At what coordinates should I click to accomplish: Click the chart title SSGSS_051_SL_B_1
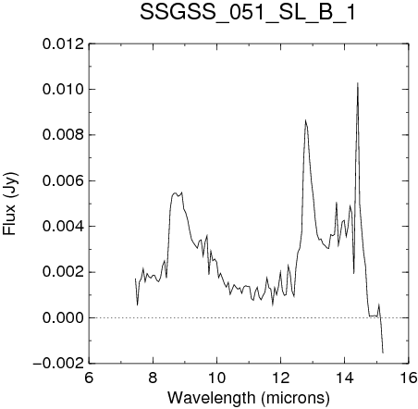pyautogui.click(x=248, y=12)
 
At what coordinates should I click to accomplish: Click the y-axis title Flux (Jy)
pyautogui.click(x=9, y=204)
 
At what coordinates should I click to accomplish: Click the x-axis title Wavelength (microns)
pyautogui.click(x=249, y=398)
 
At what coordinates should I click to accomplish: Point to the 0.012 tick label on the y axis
pyautogui.click(x=64, y=44)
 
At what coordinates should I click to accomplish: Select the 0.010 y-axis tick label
pyautogui.click(x=64, y=90)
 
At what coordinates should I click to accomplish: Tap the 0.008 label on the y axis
pyautogui.click(x=64, y=135)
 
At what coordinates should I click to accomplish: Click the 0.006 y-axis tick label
pyautogui.click(x=64, y=180)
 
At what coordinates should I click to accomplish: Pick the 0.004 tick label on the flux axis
pyautogui.click(x=64, y=227)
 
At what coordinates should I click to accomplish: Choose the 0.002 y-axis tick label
pyautogui.click(x=64, y=272)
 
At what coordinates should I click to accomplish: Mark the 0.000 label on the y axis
pyautogui.click(x=64, y=317)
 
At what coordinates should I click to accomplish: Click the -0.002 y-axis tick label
pyautogui.click(x=58, y=364)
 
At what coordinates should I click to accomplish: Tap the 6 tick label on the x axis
pyautogui.click(x=89, y=378)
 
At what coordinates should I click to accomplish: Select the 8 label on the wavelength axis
pyautogui.click(x=153, y=378)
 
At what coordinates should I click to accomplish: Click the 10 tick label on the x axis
pyautogui.click(x=217, y=378)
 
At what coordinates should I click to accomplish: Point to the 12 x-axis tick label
pyautogui.click(x=281, y=378)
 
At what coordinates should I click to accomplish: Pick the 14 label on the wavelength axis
pyautogui.click(x=345, y=378)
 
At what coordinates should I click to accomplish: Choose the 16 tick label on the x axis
pyautogui.click(x=409, y=378)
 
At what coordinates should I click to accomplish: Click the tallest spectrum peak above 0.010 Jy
pyautogui.click(x=358, y=82)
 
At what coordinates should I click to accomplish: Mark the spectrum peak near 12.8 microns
pyautogui.click(x=305, y=120)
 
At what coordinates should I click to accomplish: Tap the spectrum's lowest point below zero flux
pyautogui.click(x=383, y=353)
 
